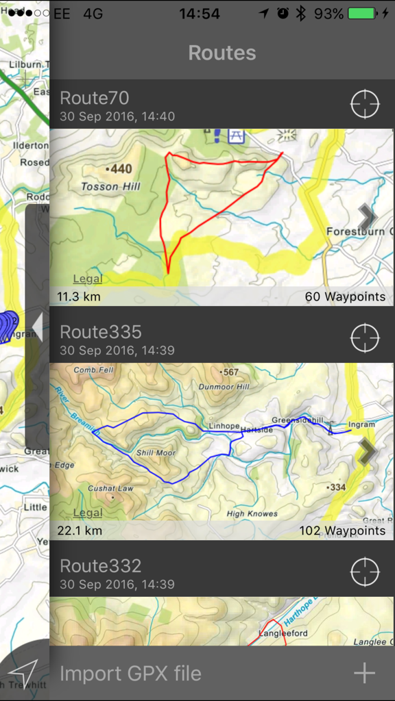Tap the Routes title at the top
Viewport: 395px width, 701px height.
tap(222, 53)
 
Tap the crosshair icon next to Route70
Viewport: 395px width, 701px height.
tap(364, 104)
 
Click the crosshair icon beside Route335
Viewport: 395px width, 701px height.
tap(364, 338)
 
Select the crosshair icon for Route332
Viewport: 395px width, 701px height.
tap(364, 572)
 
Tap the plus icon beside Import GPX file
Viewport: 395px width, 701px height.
tap(364, 673)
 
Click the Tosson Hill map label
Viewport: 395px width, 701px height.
tap(110, 186)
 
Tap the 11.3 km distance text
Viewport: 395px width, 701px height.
tap(80, 297)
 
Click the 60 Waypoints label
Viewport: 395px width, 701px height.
tap(345, 297)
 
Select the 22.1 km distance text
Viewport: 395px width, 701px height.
tap(80, 531)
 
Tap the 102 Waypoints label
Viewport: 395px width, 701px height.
tap(342, 531)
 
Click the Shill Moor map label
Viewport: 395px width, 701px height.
tap(156, 453)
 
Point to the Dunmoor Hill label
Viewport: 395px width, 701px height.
tap(224, 386)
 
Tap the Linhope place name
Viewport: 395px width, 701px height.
tap(224, 426)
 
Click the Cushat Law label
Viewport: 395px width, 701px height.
tap(110, 488)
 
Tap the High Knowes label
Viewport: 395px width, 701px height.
tap(252, 513)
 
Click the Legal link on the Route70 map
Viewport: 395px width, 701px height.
tap(88, 279)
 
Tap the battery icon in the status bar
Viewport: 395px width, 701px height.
tap(361, 14)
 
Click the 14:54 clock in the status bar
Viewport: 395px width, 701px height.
tap(199, 14)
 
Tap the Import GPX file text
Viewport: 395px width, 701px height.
tap(130, 673)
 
